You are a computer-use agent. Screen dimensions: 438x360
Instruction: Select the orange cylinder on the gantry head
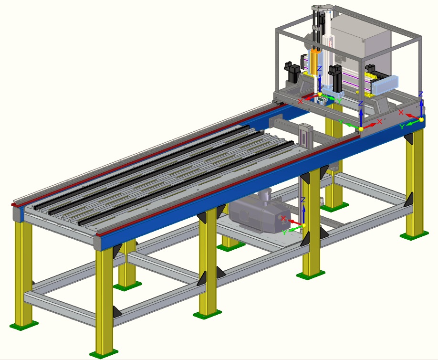pos(314,63)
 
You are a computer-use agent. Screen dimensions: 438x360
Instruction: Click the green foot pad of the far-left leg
pos(24,326)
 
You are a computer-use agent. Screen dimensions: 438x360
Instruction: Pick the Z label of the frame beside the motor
pos(303,200)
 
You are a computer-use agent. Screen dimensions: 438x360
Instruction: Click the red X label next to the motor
pos(284,218)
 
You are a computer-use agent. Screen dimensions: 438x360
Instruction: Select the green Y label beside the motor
pos(284,233)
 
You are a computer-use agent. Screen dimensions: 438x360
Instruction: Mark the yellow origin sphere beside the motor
pos(303,225)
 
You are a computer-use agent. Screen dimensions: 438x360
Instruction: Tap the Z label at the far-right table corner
pos(421,94)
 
